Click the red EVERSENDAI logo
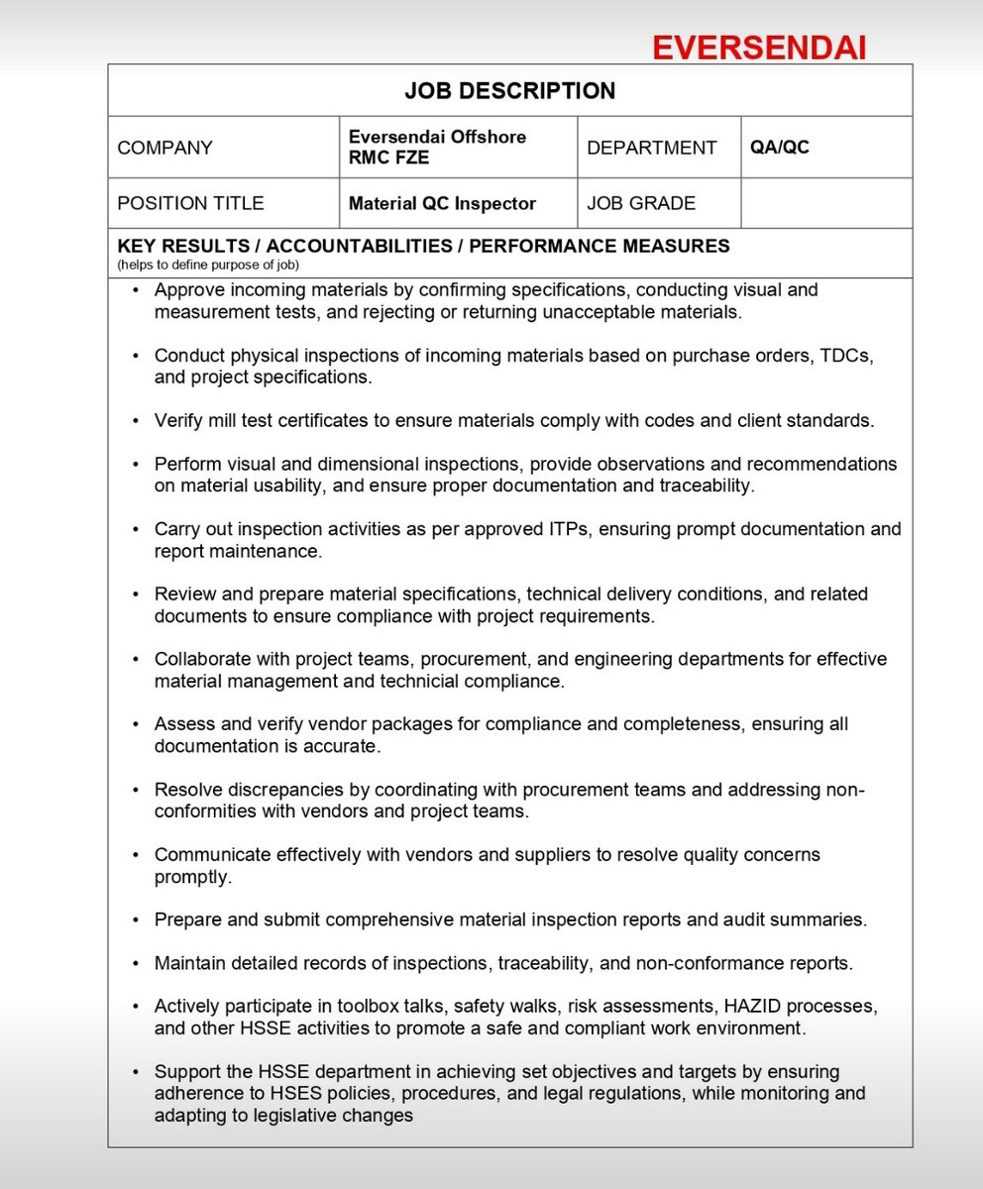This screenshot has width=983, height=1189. [x=760, y=48]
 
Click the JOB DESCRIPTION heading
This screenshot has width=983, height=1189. [x=509, y=91]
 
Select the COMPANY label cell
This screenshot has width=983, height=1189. [x=164, y=148]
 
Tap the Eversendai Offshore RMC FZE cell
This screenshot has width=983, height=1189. [x=437, y=147]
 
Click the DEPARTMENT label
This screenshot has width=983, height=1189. [x=651, y=148]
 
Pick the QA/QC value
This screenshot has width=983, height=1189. [x=780, y=147]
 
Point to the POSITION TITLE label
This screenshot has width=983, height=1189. [x=190, y=203]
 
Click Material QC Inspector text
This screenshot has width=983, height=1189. [x=442, y=204]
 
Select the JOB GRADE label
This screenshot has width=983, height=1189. [x=641, y=203]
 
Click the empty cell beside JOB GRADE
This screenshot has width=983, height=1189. [x=825, y=203]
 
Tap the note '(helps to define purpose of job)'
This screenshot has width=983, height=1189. [x=207, y=265]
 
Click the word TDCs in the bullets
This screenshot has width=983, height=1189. [x=850, y=355]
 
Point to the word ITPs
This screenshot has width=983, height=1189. [x=574, y=529]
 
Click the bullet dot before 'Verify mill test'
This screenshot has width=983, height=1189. [x=136, y=421]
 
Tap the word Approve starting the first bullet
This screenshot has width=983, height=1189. [x=191, y=290]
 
